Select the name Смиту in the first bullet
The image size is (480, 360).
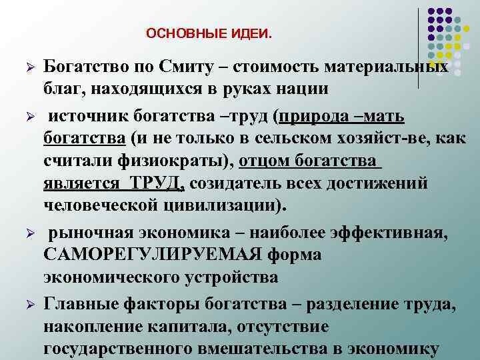181,68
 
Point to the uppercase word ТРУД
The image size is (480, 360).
161,182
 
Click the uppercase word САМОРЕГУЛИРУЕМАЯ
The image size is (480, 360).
151,254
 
